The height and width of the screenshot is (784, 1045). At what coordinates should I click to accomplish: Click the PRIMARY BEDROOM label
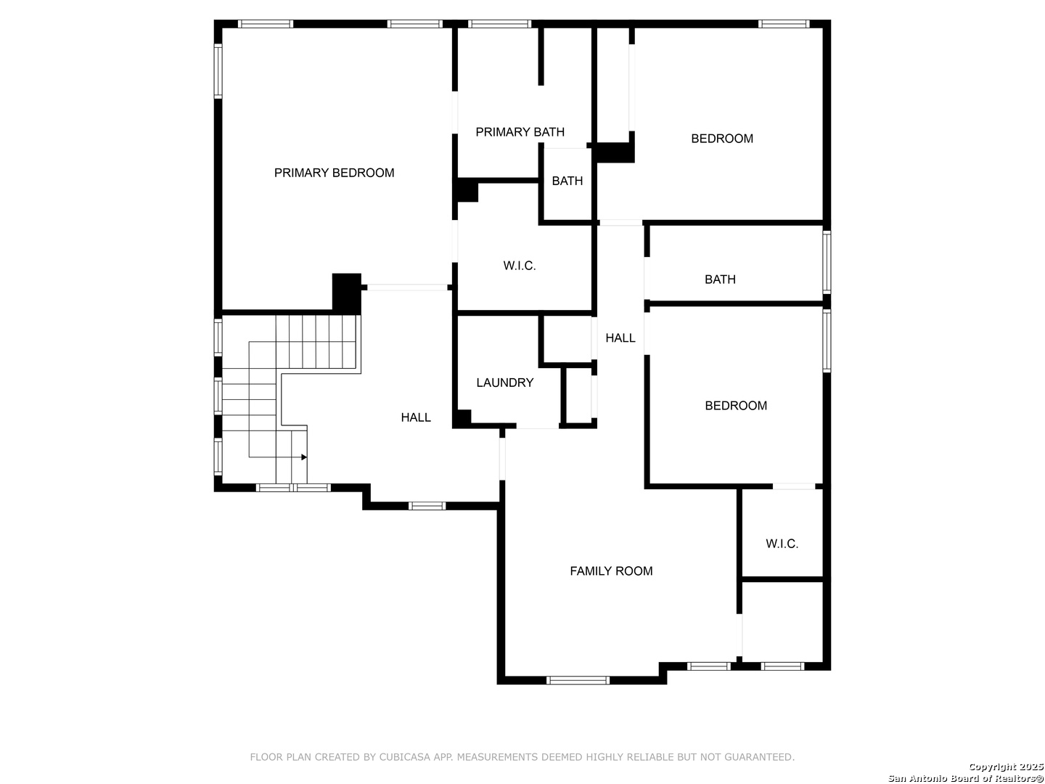pos(334,173)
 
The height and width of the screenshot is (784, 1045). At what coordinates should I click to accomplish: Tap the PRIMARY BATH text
pos(520,132)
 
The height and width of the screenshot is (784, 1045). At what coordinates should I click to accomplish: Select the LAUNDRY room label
pos(504,383)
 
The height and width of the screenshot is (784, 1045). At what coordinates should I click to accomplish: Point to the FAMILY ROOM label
pos(611,571)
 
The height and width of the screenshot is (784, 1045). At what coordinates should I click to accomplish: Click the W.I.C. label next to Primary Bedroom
pos(520,266)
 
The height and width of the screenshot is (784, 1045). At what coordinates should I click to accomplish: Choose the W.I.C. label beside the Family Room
pos(782,544)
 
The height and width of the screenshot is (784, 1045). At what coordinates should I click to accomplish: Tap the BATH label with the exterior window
pos(720,279)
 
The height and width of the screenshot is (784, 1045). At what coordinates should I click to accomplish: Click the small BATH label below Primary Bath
pos(567,181)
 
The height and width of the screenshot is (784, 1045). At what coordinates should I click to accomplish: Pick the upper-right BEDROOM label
pos(722,139)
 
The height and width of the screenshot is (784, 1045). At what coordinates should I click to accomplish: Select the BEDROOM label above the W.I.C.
pos(736,406)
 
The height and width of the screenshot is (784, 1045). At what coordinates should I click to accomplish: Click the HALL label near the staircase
pos(416,417)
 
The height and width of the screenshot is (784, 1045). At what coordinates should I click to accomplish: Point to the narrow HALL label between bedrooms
pos(620,338)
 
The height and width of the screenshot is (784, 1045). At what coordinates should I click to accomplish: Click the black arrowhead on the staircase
pos(304,457)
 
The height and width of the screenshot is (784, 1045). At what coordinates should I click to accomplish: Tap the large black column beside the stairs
pos(346,293)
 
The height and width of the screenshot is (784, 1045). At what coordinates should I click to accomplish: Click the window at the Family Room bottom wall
pos(578,680)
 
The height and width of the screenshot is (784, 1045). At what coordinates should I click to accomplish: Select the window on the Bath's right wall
pos(827,262)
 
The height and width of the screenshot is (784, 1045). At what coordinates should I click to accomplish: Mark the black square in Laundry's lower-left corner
pos(462,418)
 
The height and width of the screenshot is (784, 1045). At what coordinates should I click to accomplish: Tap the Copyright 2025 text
pos(1006,767)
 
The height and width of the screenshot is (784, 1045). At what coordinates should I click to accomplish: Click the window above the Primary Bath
pos(499,24)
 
